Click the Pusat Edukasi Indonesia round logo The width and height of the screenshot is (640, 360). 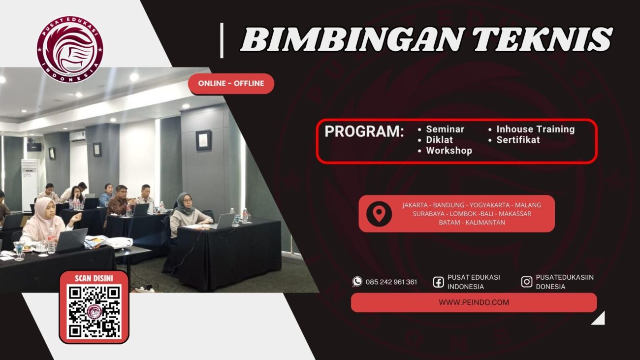click(x=69, y=49)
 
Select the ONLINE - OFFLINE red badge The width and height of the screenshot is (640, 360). click(x=231, y=84)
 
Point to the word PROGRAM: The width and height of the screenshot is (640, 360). click(x=364, y=132)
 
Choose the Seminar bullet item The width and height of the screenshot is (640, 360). click(x=445, y=130)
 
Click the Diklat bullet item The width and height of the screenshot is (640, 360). click(x=439, y=140)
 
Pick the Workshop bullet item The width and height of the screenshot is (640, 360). click(x=448, y=151)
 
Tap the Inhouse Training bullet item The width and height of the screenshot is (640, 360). click(x=535, y=130)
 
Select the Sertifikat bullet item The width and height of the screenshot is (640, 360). click(x=518, y=140)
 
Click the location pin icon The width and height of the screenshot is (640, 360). click(x=379, y=214)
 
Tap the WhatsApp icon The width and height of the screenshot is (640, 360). click(x=357, y=282)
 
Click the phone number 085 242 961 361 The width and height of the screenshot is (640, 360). click(x=391, y=282)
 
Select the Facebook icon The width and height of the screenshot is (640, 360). click(x=438, y=282)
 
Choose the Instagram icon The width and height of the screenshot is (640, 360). click(x=527, y=282)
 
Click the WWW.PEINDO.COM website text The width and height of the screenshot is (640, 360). click(x=474, y=302)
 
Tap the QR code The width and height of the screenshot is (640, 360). click(x=94, y=312)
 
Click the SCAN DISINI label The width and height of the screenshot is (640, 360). click(x=94, y=278)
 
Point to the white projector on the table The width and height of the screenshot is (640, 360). click(x=120, y=242)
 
